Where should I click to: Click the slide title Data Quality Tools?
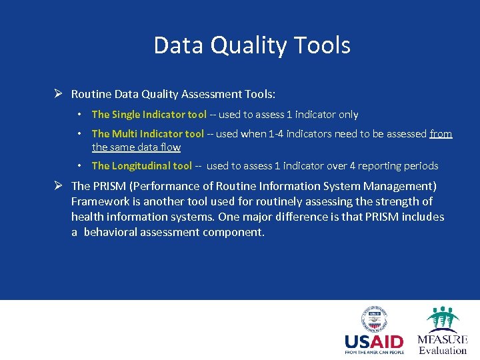[x=252, y=45]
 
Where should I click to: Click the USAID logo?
[x=374, y=331]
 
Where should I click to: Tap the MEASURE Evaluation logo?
[x=443, y=331]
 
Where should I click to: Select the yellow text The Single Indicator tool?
[x=149, y=115]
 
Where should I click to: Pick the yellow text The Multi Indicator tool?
[x=147, y=134]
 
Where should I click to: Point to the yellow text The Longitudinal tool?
[x=141, y=166]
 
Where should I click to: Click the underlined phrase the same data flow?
[x=136, y=147]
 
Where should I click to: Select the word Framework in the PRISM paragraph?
[x=100, y=201]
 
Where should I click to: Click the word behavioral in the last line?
[x=112, y=233]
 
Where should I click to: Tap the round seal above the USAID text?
[x=374, y=319]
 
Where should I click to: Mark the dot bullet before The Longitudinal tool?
[x=79, y=166]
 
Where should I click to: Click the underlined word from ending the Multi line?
[x=441, y=134]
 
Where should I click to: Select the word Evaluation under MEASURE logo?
[x=443, y=350]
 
